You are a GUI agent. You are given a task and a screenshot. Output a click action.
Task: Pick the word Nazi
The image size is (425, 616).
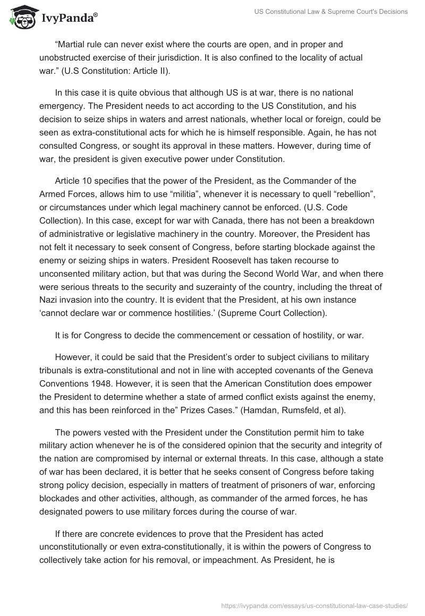tap(49, 300)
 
